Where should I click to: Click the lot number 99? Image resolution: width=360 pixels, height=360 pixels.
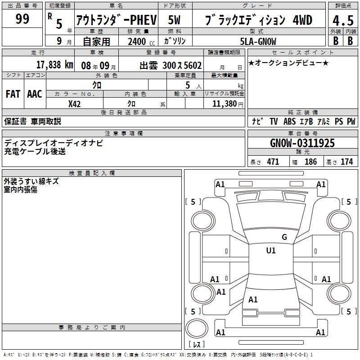click(22, 19)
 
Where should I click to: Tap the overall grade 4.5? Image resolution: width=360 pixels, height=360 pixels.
click(343, 20)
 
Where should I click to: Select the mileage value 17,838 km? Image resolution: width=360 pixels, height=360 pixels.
click(54, 65)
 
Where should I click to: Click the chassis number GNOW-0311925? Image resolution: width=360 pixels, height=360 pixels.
click(302, 143)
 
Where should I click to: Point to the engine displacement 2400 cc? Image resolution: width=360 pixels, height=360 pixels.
click(141, 41)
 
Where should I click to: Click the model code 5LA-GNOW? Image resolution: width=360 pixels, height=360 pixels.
click(258, 41)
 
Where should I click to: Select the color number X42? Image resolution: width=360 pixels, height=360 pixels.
click(74, 104)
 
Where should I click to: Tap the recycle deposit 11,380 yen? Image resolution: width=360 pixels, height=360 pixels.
click(228, 104)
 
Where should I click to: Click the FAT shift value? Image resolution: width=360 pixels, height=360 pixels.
click(13, 94)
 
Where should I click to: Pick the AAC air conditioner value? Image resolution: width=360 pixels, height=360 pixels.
click(35, 94)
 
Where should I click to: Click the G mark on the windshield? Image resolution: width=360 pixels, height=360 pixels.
click(284, 237)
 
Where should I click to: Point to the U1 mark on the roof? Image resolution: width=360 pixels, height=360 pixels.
click(271, 250)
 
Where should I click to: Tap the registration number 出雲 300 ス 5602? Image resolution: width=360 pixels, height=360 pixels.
click(171, 65)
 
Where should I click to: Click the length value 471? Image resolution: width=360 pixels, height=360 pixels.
click(273, 162)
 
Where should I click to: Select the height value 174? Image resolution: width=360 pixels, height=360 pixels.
click(346, 162)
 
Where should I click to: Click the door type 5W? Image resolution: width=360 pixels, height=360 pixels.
click(174, 20)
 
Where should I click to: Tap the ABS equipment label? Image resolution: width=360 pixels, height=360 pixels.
click(289, 121)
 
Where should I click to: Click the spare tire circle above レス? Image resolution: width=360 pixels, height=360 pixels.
click(197, 328)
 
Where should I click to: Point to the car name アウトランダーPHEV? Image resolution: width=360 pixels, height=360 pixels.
click(117, 20)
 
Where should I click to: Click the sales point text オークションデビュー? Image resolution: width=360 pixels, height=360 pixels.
click(288, 63)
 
